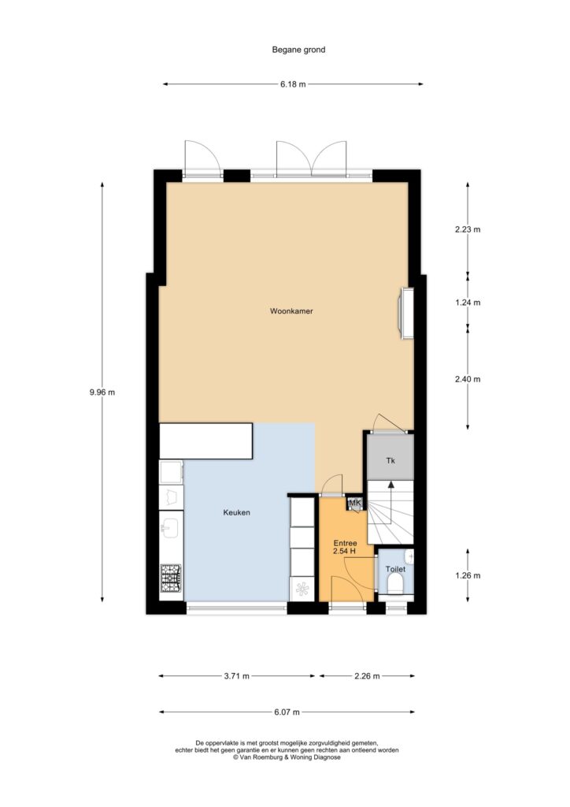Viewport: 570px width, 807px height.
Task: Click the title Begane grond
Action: (298, 50)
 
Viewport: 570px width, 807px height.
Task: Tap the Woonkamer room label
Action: (291, 311)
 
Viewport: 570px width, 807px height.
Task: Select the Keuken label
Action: (236, 512)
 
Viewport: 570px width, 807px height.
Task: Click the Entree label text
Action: (345, 543)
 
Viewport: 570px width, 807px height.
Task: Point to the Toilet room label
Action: (395, 569)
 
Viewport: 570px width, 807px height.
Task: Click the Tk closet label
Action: (390, 460)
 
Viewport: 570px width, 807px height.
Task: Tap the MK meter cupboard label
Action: (355, 503)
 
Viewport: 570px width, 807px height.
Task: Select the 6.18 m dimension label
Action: (293, 84)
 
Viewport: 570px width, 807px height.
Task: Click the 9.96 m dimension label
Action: (102, 392)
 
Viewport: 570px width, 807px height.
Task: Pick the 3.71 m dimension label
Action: (236, 675)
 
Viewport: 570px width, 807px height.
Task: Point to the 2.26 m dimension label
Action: (367, 675)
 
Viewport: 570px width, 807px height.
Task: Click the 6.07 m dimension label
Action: (287, 712)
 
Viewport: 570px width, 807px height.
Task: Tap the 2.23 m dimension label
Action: (468, 229)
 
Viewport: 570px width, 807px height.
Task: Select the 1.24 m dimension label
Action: (468, 303)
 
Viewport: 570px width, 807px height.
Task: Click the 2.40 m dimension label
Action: (468, 379)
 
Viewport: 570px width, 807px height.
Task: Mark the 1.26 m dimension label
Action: (468, 575)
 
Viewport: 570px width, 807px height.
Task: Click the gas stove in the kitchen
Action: (171, 578)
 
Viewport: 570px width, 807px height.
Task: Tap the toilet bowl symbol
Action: (395, 584)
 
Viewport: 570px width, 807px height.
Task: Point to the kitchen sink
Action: (169, 527)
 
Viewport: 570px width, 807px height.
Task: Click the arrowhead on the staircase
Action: (390, 485)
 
